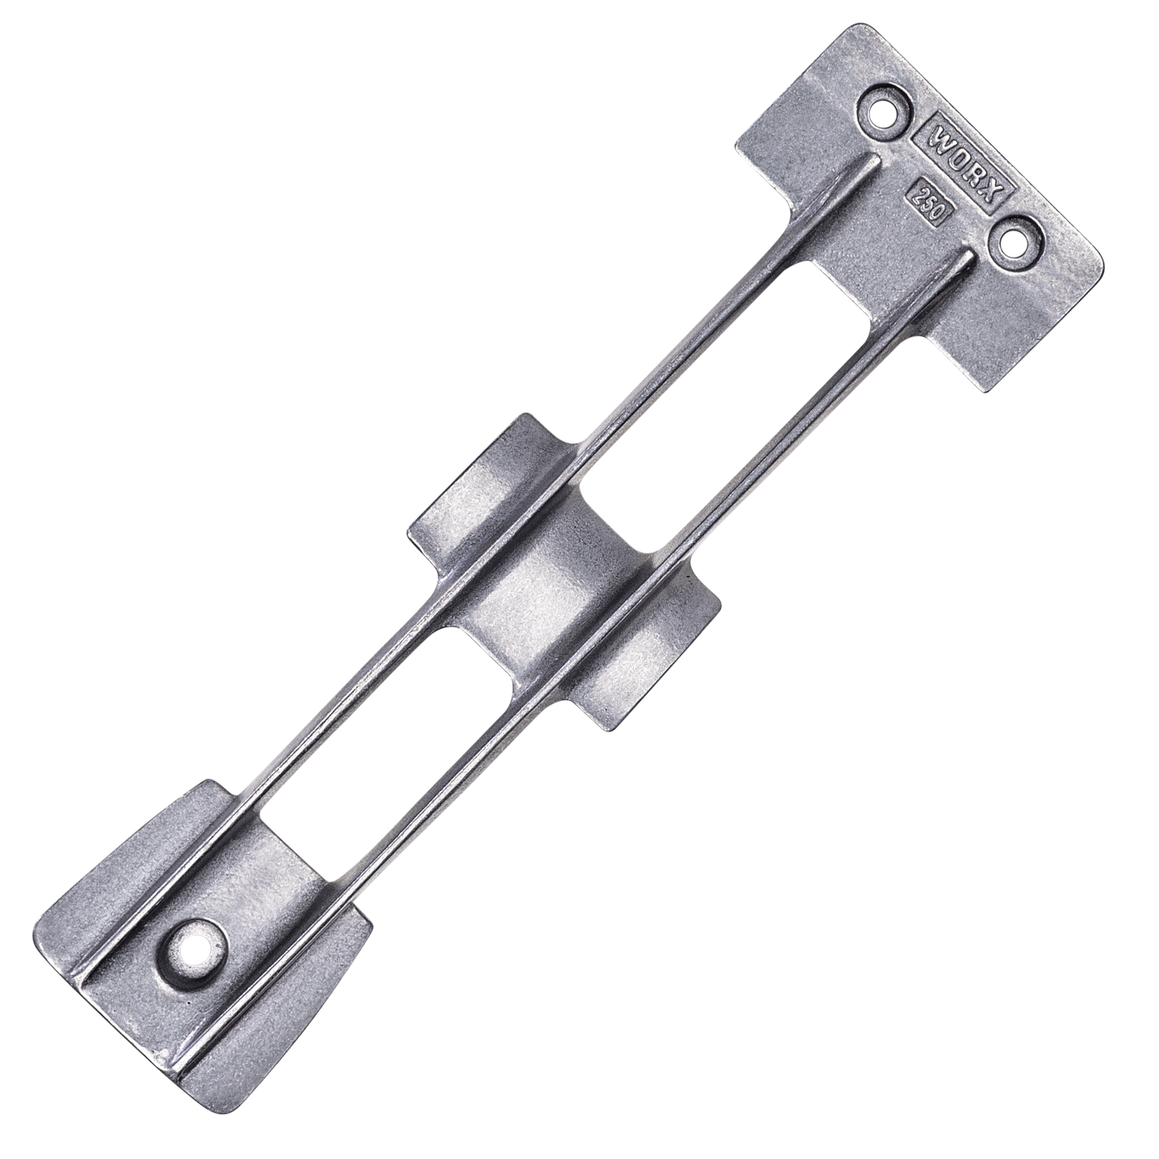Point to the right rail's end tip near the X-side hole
[x=967, y=255]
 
